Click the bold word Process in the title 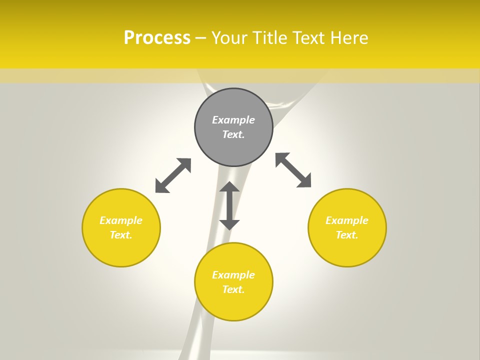[x=157, y=38]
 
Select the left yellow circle [x=121, y=250]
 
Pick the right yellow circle [x=347, y=250]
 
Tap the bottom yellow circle [x=233, y=305]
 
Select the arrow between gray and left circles [x=173, y=175]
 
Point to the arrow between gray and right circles [x=293, y=170]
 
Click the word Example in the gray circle [x=233, y=120]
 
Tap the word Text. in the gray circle [x=233, y=134]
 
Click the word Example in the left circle [x=121, y=220]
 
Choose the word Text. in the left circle [x=121, y=235]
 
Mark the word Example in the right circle [x=347, y=220]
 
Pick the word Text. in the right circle [x=347, y=235]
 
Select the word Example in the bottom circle [x=233, y=275]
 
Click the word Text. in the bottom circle [x=233, y=289]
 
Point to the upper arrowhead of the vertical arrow [x=229, y=186]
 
